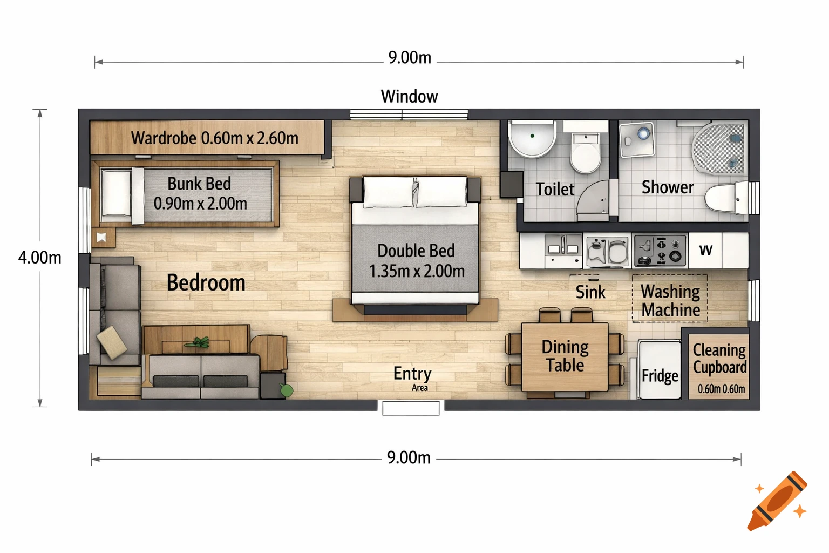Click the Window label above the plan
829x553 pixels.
point(409,96)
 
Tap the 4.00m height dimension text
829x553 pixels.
point(40,258)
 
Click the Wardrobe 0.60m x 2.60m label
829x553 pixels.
point(214,138)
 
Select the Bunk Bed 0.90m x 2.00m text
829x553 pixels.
point(200,194)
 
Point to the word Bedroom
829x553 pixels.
point(206,283)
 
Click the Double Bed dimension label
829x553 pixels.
point(416,261)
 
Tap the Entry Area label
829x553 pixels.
point(412,377)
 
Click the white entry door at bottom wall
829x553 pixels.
point(411,408)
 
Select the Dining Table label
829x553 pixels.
point(565,356)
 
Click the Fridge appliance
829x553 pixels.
point(659,370)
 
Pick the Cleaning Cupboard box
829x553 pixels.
point(719,367)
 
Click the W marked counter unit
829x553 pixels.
point(705,250)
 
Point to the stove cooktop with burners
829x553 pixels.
point(659,251)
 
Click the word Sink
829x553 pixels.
point(590,292)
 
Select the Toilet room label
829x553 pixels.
point(555,190)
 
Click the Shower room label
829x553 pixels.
point(667,187)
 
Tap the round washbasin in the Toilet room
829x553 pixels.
point(532,138)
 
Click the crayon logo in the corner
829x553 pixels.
point(778,501)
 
